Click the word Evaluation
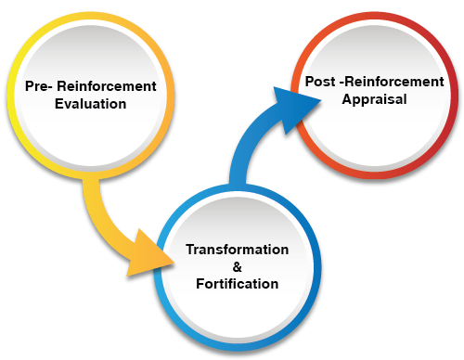pyautogui.click(x=90, y=104)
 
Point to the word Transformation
pyautogui.click(x=237, y=251)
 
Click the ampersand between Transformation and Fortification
pyautogui.click(x=237, y=267)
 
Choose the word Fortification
pyautogui.click(x=237, y=284)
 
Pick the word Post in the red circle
pyautogui.click(x=321, y=82)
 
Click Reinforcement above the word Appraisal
pyautogui.click(x=396, y=82)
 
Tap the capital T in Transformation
pyautogui.click(x=189, y=251)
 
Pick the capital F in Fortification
pyautogui.click(x=199, y=284)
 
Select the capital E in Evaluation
pyautogui.click(x=59, y=104)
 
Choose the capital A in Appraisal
pyautogui.click(x=344, y=98)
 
